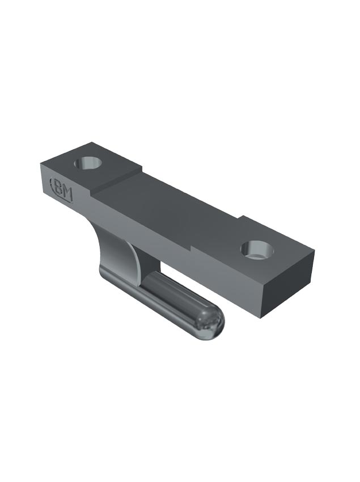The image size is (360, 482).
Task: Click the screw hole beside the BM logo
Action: (88, 163)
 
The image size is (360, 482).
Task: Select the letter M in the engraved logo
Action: (67, 193)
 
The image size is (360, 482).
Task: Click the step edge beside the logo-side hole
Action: (116, 178)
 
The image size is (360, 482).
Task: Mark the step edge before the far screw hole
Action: (215, 232)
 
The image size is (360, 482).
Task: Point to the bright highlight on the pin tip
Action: (211, 322)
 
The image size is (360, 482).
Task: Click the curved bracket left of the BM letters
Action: (52, 186)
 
